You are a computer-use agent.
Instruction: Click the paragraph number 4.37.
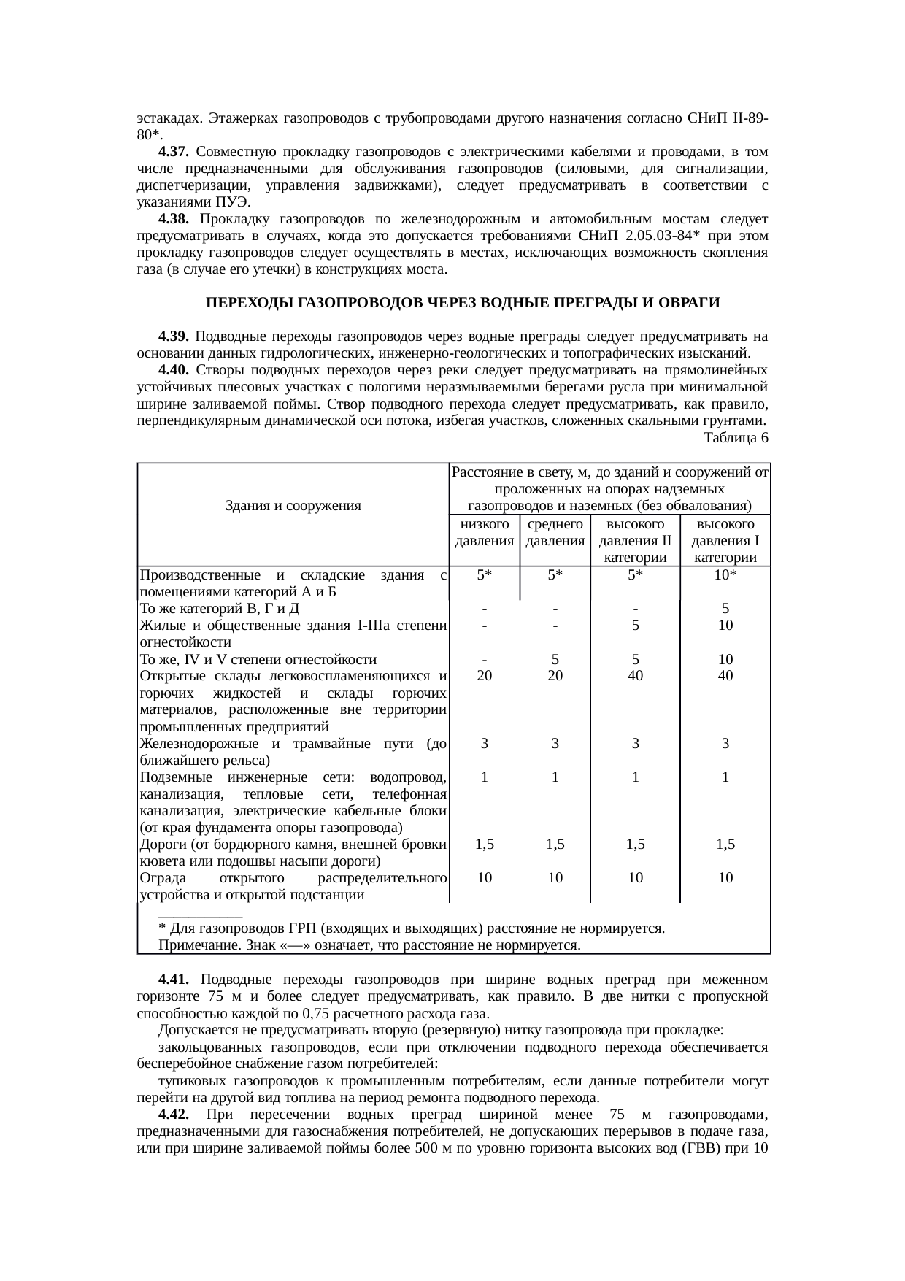tap(174, 152)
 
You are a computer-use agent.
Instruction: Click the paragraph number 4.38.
tap(174, 219)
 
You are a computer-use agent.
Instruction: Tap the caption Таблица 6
tap(735, 438)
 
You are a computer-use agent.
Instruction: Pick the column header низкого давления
tap(484, 533)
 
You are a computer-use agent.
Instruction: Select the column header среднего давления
tap(555, 533)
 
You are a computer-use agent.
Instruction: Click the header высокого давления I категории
tap(725, 541)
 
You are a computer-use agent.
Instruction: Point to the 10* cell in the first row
tap(725, 574)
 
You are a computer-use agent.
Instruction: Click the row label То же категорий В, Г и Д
tap(219, 609)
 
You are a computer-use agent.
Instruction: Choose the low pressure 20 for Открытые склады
tap(484, 676)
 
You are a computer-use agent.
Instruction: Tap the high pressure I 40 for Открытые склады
tap(725, 676)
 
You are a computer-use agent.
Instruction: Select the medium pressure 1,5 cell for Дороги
tap(555, 845)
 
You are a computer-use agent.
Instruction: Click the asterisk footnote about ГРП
tap(411, 928)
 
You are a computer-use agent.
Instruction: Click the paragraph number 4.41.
tap(174, 979)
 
